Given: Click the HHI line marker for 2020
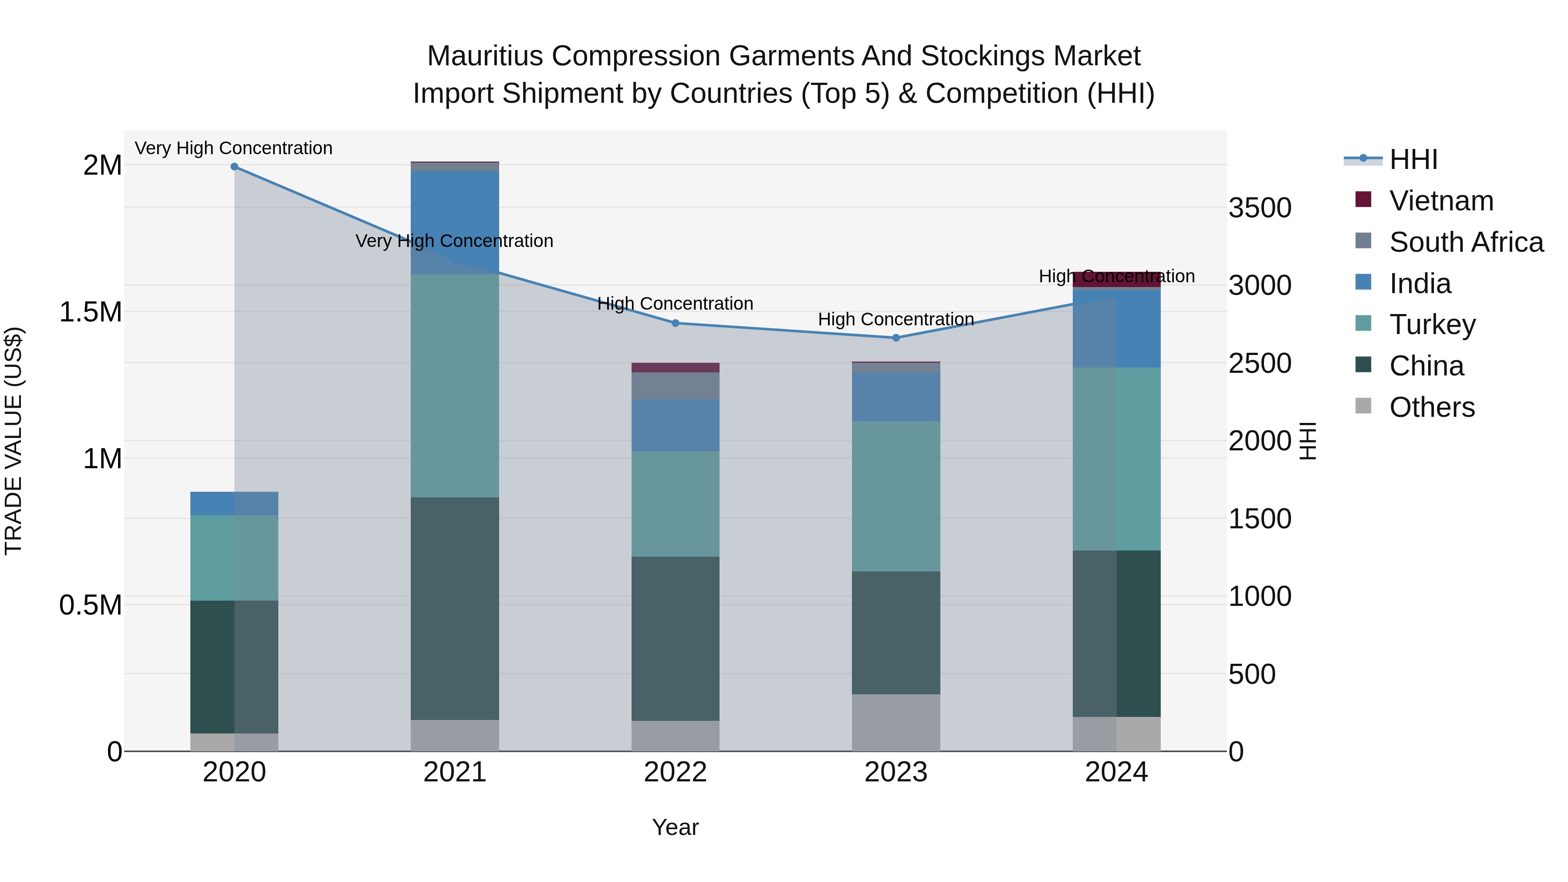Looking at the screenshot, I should [234, 166].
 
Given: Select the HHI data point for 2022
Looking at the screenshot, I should [675, 323].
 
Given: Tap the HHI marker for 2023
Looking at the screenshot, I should [896, 338].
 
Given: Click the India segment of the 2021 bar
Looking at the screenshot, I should [455, 222].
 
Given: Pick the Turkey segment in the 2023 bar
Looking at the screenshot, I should [896, 496].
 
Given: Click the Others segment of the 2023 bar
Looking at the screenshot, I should [896, 723].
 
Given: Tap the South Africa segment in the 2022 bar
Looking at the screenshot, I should [675, 386].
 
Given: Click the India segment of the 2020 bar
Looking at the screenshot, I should [234, 504].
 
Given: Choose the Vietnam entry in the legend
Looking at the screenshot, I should [1441, 201].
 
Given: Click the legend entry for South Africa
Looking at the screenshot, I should [1466, 242].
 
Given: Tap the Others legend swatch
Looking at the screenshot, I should [1363, 406].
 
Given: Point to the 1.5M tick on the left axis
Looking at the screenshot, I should [90, 312].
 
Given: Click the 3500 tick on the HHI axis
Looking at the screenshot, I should [1259, 208].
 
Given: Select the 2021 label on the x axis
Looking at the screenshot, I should [455, 772].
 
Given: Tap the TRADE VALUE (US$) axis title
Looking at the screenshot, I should [14, 441].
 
